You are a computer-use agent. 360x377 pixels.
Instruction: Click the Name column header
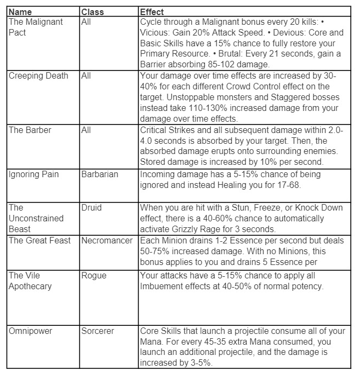click(x=20, y=11)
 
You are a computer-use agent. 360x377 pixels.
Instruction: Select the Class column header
click(x=92, y=11)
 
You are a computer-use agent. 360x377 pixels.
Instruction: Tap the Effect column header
click(x=152, y=11)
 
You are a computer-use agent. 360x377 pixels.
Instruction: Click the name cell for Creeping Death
click(x=38, y=76)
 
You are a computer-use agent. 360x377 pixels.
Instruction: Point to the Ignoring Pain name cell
click(x=34, y=174)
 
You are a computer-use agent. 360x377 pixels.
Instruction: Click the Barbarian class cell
click(x=100, y=174)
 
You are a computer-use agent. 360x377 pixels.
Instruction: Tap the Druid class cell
click(x=93, y=208)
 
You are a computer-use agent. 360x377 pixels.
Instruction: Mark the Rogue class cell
click(x=94, y=275)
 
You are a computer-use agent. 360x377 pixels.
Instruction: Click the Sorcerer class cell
click(x=98, y=331)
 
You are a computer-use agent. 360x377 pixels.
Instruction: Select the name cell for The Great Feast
click(x=39, y=240)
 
